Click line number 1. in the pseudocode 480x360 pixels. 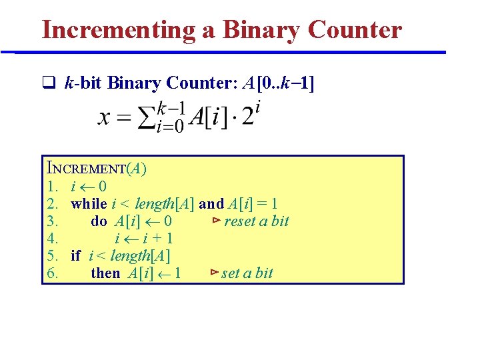[53, 187]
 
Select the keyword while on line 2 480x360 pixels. [89, 204]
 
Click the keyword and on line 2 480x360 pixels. [211, 204]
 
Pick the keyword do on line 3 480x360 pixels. [99, 221]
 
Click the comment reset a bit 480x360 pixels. [256, 221]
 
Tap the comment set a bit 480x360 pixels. [247, 273]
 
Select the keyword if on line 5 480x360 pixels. [75, 255]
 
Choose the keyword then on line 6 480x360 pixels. [105, 273]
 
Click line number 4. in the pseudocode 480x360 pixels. [53, 239]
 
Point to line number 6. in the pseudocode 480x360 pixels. [53, 273]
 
